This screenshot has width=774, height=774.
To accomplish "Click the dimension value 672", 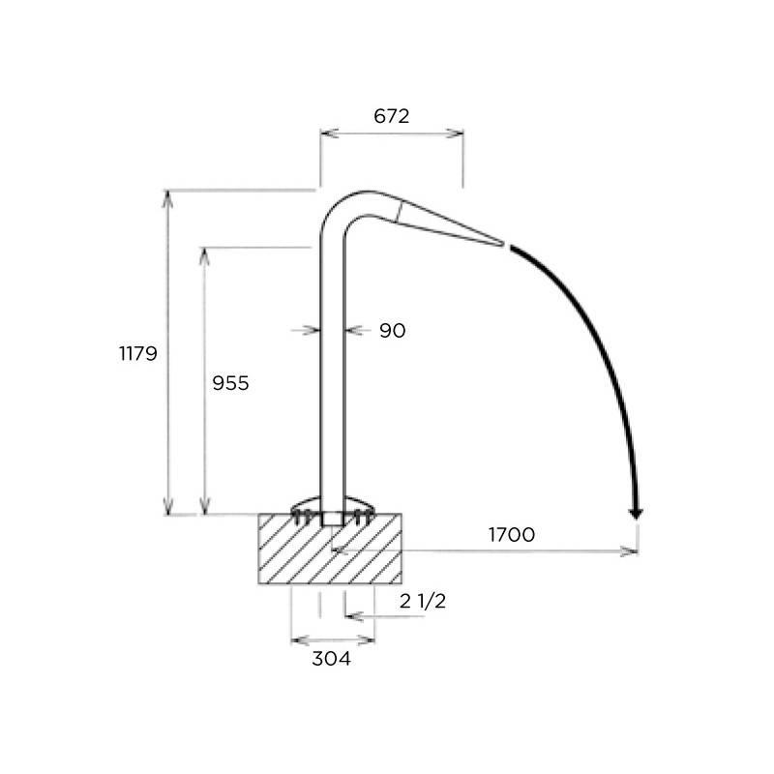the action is click(x=392, y=116).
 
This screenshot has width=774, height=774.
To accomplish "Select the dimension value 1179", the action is click(x=138, y=353).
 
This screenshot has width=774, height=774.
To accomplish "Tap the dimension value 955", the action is click(x=230, y=383).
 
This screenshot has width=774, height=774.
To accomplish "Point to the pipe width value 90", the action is click(x=393, y=331).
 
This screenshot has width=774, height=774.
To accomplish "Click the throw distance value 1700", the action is click(x=512, y=535).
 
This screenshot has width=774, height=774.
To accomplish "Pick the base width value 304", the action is click(x=331, y=659).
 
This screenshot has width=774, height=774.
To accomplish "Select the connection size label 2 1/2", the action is click(x=423, y=601).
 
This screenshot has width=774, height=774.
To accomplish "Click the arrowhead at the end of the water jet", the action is click(x=636, y=514).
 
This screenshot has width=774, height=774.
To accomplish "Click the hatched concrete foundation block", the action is click(x=330, y=549).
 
